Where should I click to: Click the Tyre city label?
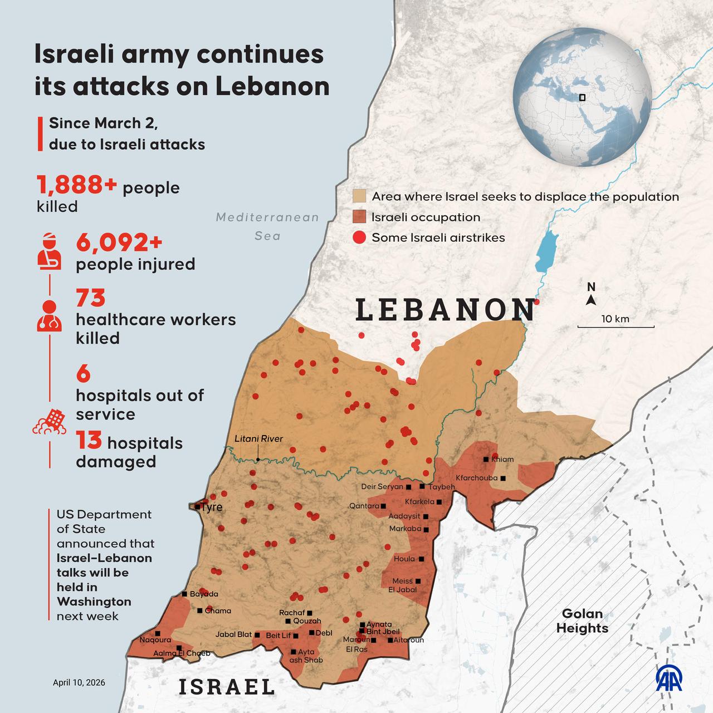(212, 507)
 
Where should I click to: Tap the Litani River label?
(258, 438)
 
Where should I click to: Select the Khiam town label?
(502, 460)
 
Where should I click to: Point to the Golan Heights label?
(582, 621)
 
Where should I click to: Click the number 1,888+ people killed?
(77, 185)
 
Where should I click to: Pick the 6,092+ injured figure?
(119, 243)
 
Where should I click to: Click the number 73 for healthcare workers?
(91, 298)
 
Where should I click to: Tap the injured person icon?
(49, 252)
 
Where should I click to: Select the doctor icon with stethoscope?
(49, 316)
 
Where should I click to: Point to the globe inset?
(582, 97)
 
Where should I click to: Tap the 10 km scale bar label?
(615, 319)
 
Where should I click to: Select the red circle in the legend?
(359, 238)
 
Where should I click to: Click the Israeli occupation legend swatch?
(359, 217)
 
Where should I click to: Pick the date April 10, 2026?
(79, 682)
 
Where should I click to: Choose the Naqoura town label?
(155, 640)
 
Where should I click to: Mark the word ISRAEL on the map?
(227, 687)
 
